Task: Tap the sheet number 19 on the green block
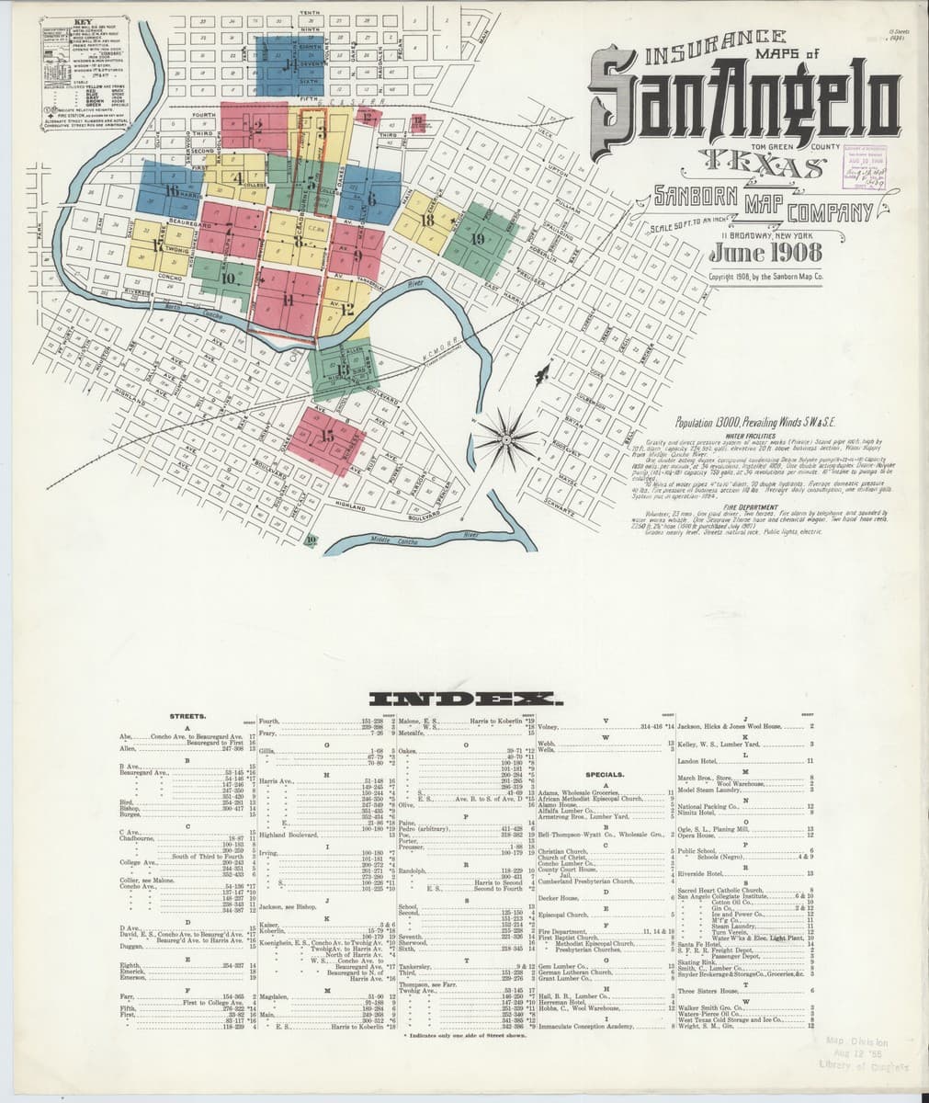477,239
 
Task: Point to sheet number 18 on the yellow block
426,221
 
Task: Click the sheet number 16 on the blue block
171,190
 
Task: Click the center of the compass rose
512,432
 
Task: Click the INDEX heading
463,699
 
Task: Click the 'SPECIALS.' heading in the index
605,774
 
